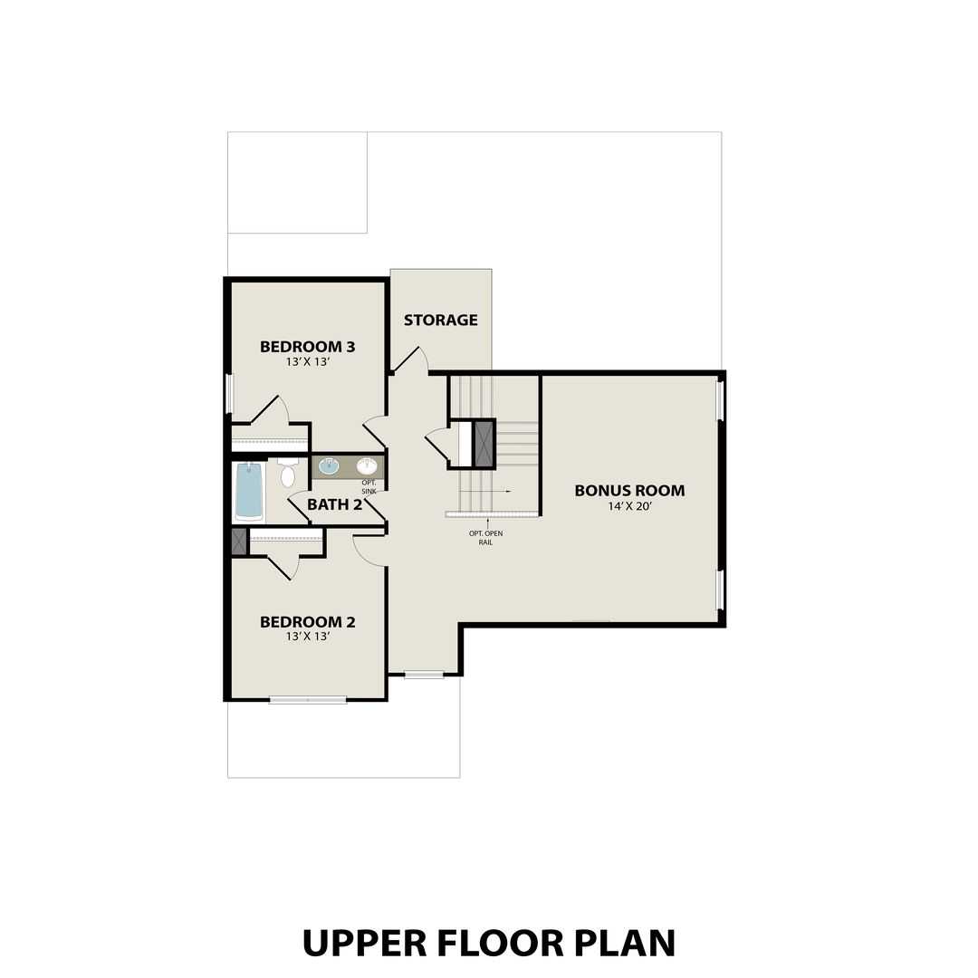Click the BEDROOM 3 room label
[307, 346]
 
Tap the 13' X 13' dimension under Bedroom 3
[307, 361]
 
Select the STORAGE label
[440, 320]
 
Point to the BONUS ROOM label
[629, 491]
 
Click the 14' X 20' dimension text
[629, 506]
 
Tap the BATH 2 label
[334, 504]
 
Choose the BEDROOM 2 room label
[307, 622]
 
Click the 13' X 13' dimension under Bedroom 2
[307, 637]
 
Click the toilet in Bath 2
[288, 473]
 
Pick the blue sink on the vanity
[329, 466]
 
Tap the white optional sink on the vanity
[367, 466]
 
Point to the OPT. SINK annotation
[369, 487]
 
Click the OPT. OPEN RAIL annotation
[485, 538]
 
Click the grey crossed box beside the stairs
[484, 443]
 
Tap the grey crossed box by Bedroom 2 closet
[238, 542]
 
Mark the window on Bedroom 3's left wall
[230, 394]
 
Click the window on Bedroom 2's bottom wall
[308, 699]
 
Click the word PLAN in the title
[625, 943]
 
